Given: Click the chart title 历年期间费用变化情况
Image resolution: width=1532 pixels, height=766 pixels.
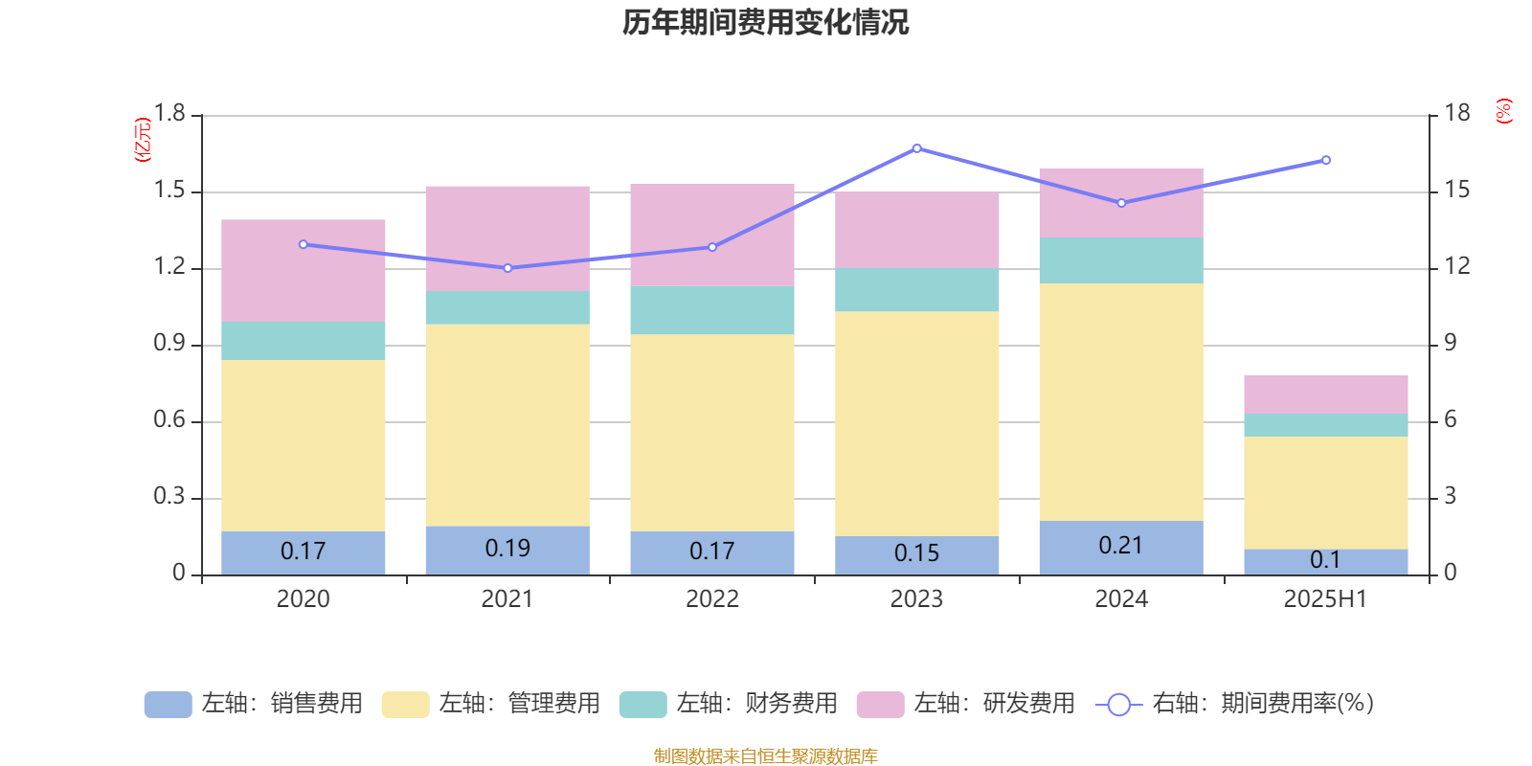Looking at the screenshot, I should pos(765,22).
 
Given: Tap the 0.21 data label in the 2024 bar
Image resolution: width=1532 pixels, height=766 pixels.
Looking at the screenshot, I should pos(1120,546).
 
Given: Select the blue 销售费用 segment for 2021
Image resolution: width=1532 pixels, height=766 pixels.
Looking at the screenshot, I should pos(507,551).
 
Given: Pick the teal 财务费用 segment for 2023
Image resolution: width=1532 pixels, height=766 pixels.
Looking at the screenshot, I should pos(916,289).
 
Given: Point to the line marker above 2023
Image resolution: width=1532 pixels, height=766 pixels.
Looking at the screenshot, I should pos(916,148).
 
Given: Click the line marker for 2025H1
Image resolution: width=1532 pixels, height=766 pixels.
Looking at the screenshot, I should pos(1325,160).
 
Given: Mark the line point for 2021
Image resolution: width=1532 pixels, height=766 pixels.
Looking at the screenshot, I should pos(507,268).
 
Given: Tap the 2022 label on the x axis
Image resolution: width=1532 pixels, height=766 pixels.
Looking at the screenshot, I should pos(711,599).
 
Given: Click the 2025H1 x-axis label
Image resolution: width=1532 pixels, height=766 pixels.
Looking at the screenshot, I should pos(1325,599).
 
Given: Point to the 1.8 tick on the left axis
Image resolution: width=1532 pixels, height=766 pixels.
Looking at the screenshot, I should pos(169,114).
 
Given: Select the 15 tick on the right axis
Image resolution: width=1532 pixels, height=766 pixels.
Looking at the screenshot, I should pos(1456,191).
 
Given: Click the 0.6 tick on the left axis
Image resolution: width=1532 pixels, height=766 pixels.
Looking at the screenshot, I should pos(169,420).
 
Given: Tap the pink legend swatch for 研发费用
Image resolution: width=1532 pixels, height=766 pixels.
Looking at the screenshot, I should pos(879,705).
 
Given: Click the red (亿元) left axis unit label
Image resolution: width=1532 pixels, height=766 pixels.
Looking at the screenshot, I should pos(143,140).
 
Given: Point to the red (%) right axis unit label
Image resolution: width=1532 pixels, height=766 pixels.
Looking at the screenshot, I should pos(1503,111).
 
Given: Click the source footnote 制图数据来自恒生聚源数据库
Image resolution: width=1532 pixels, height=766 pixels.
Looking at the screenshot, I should pos(765,756).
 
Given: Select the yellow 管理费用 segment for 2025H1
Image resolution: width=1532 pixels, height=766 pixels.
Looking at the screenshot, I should pos(1325,492).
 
